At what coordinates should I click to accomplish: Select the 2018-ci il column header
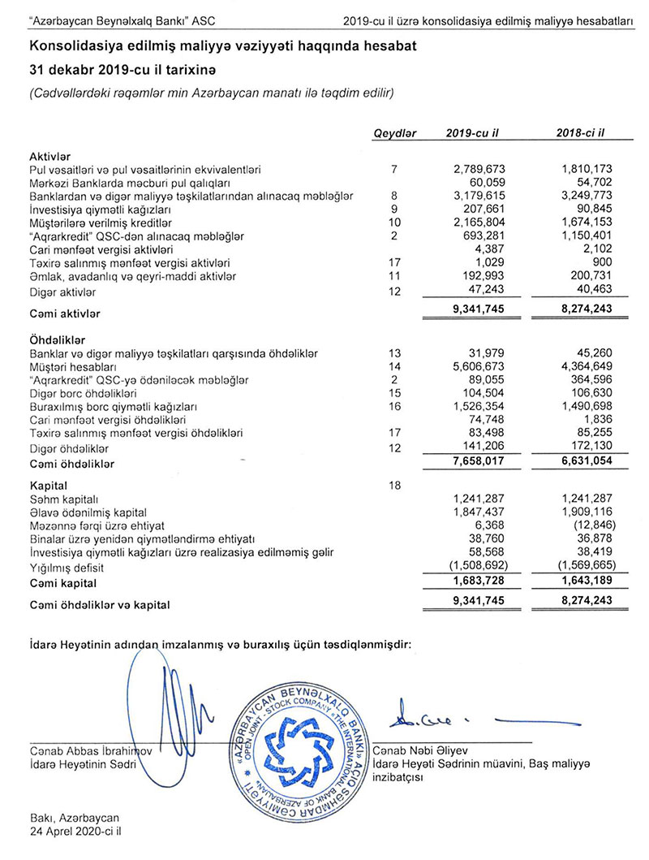(582, 133)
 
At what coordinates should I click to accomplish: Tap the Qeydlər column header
(394, 133)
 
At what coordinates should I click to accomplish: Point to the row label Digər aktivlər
(64, 290)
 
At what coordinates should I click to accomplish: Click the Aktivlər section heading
(52, 155)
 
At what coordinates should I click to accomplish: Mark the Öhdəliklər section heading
(59, 339)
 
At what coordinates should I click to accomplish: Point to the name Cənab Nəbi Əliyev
(422, 749)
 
